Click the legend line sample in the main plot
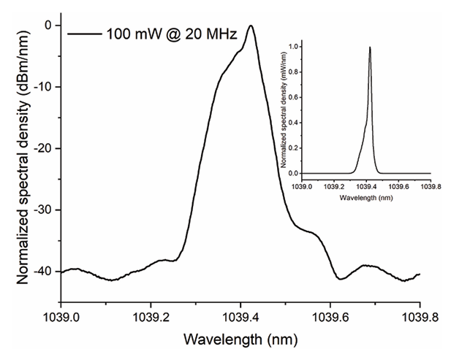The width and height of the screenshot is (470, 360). pos(83,33)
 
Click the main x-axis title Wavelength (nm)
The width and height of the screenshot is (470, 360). pos(240,340)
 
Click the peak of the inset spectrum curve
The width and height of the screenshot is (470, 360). pos(370,47)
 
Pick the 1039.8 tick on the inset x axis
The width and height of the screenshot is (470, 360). pos(430,185)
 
